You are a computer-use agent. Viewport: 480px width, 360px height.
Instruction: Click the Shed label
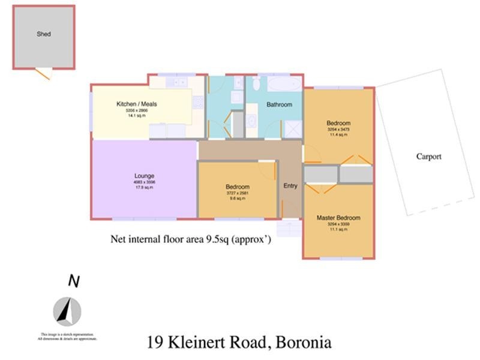click(x=43, y=34)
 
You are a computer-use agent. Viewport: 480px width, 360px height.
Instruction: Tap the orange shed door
click(x=43, y=74)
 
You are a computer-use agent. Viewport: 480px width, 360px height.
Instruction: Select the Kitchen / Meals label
click(x=136, y=104)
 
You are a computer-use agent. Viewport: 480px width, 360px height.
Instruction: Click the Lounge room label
click(x=144, y=176)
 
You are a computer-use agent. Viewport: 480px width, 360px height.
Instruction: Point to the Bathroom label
click(x=279, y=104)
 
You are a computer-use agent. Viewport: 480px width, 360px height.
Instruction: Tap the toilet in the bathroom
click(x=256, y=83)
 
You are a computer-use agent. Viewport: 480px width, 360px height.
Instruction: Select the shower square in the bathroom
click(x=293, y=129)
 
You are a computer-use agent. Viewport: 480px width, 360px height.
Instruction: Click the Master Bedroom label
click(x=338, y=218)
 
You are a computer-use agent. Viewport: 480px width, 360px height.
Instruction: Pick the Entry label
click(x=290, y=186)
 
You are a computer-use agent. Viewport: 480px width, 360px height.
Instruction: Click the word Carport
click(x=428, y=157)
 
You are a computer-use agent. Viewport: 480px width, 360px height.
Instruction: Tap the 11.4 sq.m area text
click(x=338, y=135)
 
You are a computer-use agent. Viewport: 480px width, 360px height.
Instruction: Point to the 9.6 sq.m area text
click(x=238, y=199)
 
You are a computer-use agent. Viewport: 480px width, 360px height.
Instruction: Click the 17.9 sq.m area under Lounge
click(x=144, y=188)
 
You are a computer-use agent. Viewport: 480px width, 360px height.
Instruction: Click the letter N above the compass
click(x=73, y=281)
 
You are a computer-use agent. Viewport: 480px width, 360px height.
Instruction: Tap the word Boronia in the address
click(x=303, y=343)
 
